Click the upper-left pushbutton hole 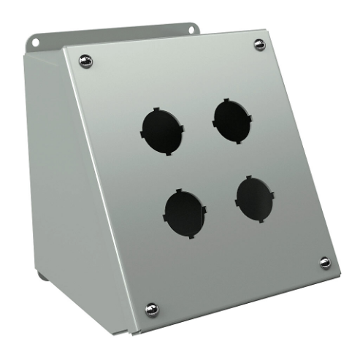(160, 129)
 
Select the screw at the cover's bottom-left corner (151, 309)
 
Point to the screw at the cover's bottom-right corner (324, 262)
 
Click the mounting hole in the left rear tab (34, 42)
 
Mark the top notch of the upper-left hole (156, 108)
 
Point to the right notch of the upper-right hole (253, 116)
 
